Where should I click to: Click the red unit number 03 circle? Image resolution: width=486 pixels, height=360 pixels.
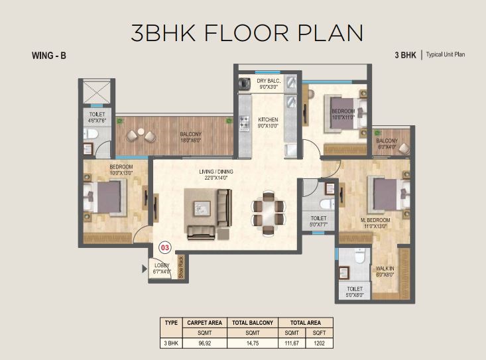click(165, 247)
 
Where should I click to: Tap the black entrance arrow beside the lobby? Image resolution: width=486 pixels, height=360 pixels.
click(145, 269)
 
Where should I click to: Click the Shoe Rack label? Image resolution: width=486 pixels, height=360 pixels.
click(181, 267)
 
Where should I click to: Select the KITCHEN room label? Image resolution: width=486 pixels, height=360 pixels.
click(268, 119)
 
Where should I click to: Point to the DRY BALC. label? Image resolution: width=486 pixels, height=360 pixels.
click(269, 81)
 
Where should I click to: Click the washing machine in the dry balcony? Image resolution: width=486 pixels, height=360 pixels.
click(245, 83)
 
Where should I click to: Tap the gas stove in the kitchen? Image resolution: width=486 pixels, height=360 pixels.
click(244, 123)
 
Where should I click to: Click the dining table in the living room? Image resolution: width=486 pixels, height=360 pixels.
click(269, 213)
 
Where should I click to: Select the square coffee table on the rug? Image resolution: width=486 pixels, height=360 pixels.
click(202, 208)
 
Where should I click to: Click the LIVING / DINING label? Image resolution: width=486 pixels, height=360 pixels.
click(216, 172)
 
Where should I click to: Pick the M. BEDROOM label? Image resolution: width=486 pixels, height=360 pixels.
click(375, 220)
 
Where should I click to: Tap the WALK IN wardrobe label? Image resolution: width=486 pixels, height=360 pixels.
click(385, 269)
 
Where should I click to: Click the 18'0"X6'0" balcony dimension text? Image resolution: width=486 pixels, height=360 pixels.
click(190, 140)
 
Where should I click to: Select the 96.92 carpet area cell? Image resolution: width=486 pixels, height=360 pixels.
click(205, 343)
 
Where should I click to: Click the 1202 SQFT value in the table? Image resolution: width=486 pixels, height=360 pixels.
click(319, 343)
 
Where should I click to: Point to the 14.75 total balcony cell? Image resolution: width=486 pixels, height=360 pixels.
click(253, 343)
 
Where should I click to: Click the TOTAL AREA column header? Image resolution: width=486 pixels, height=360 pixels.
click(305, 323)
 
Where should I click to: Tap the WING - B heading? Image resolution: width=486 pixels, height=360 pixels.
click(48, 56)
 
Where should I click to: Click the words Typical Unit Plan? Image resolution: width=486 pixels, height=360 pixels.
click(446, 54)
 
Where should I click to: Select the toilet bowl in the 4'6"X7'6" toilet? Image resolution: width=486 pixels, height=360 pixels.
click(91, 134)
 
